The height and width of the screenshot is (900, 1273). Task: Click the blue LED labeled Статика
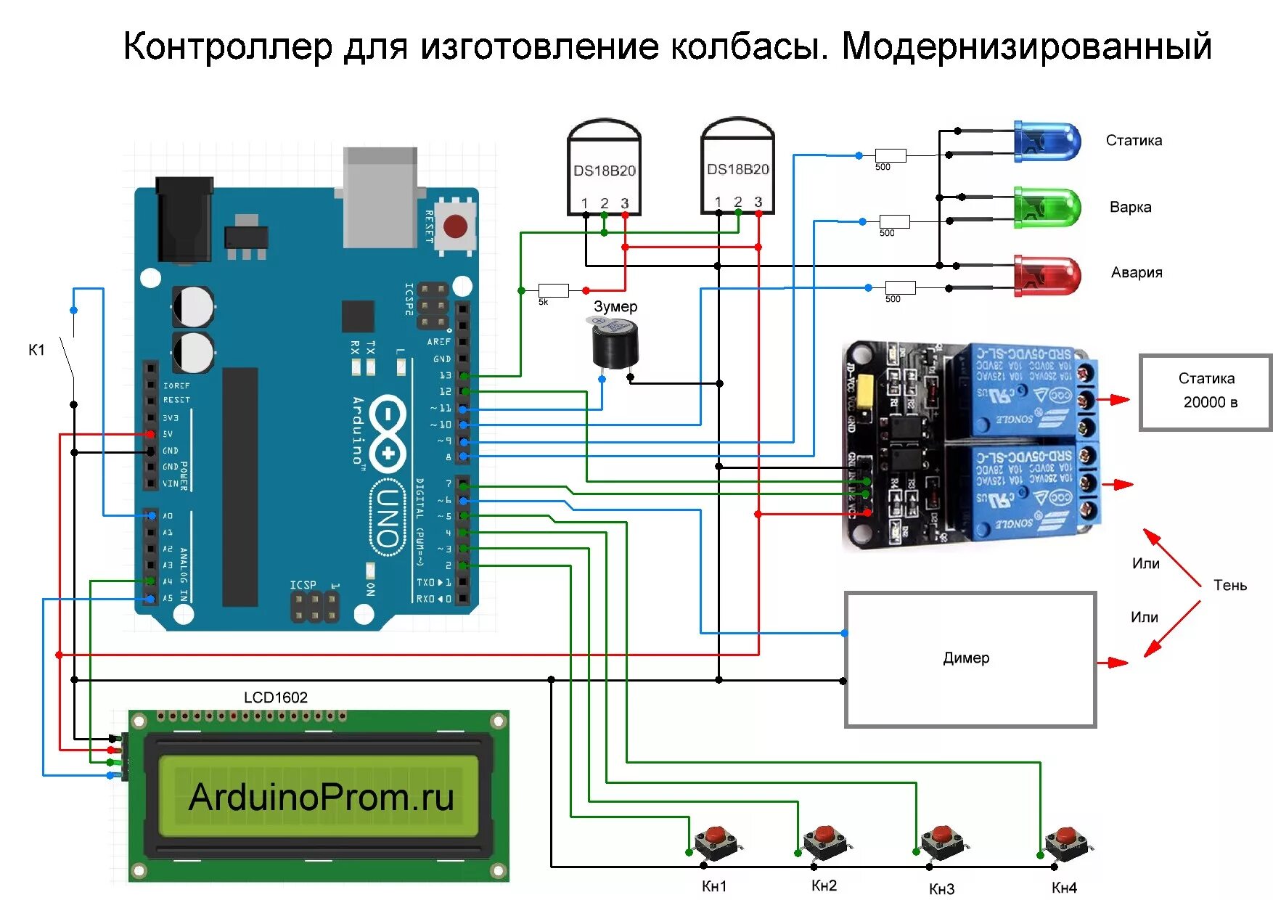[1047, 142]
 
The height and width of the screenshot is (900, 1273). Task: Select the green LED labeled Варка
[1047, 208]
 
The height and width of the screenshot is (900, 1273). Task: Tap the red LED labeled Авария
[1047, 274]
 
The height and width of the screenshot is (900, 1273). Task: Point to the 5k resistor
[553, 290]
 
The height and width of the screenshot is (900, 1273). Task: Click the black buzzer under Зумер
[615, 345]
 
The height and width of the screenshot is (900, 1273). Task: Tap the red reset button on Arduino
[455, 226]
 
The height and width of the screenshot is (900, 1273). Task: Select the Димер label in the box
[966, 658]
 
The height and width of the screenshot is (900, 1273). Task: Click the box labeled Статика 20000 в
[1206, 392]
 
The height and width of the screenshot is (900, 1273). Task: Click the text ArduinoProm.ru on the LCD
[321, 797]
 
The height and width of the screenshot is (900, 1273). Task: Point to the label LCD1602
[275, 697]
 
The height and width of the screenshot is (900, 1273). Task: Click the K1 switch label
[36, 350]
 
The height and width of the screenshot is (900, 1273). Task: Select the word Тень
[1229, 585]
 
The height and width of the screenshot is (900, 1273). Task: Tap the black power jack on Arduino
[184, 218]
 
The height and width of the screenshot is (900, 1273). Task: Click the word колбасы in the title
[748, 46]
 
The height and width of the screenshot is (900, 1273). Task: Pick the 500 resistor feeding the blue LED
[890, 155]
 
